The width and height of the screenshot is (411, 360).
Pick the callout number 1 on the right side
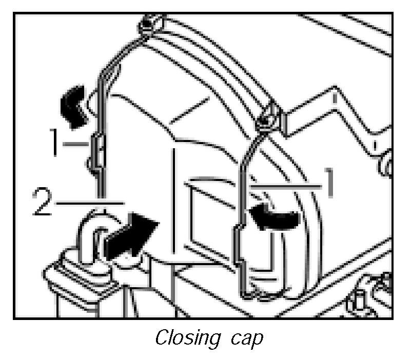[x=328, y=184]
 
